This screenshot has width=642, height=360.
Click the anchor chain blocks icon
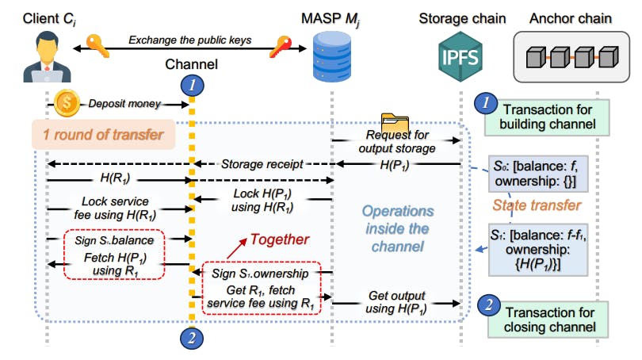pyautogui.click(x=571, y=56)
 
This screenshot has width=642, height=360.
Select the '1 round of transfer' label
pyautogui.click(x=102, y=136)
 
